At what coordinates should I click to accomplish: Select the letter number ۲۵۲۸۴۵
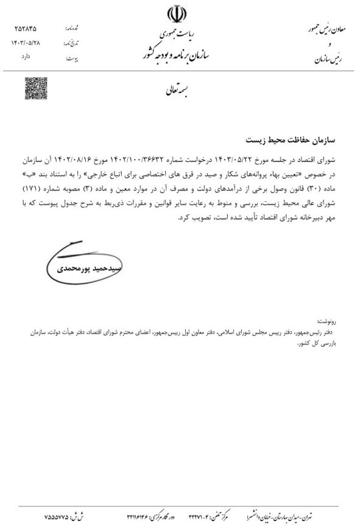point(24,29)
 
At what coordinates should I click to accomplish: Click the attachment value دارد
point(31,58)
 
